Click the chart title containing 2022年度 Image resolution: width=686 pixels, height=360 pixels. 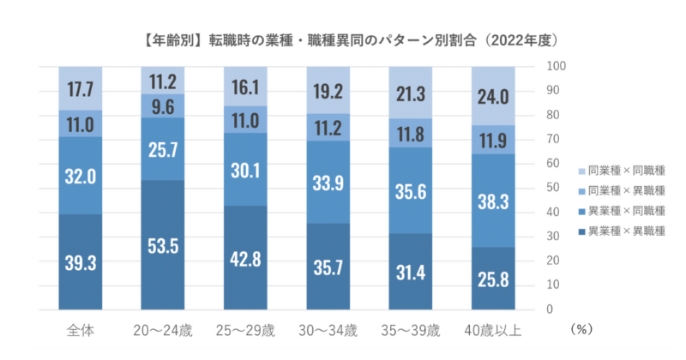[342, 40]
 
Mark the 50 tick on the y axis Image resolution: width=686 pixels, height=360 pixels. [554, 188]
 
